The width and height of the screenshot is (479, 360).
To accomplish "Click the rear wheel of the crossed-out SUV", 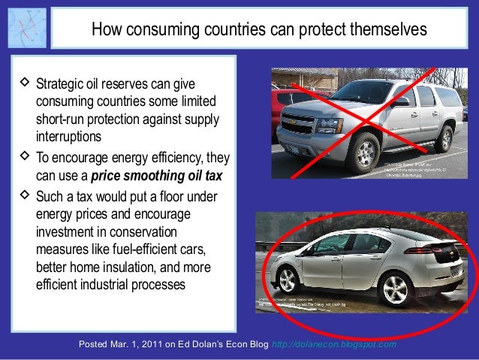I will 444,139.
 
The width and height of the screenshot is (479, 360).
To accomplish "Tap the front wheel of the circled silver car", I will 287,282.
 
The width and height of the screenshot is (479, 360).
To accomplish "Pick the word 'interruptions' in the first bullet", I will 68,138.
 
